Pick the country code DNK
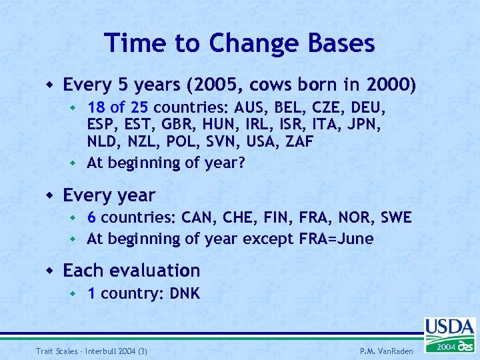pos(183,293)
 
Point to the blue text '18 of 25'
pos(120,108)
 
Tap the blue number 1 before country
pos(91,293)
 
